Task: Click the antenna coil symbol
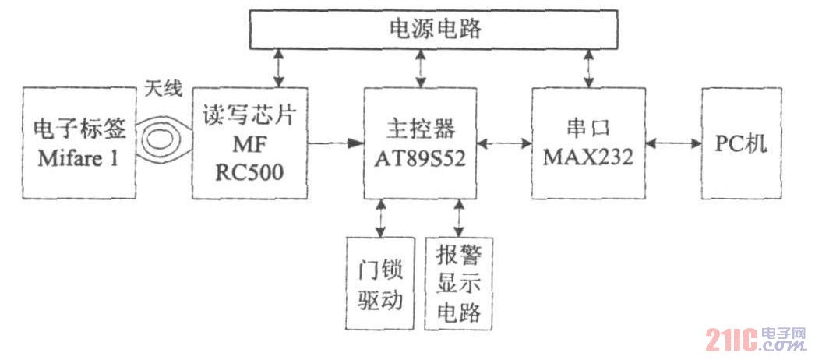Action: (164, 143)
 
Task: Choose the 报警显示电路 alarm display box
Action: (458, 286)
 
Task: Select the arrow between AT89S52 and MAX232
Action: (504, 143)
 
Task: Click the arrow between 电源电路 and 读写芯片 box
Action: (278, 69)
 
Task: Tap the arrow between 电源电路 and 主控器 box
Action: (422, 69)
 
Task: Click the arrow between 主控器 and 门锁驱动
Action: (381, 217)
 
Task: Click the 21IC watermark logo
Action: (756, 339)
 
